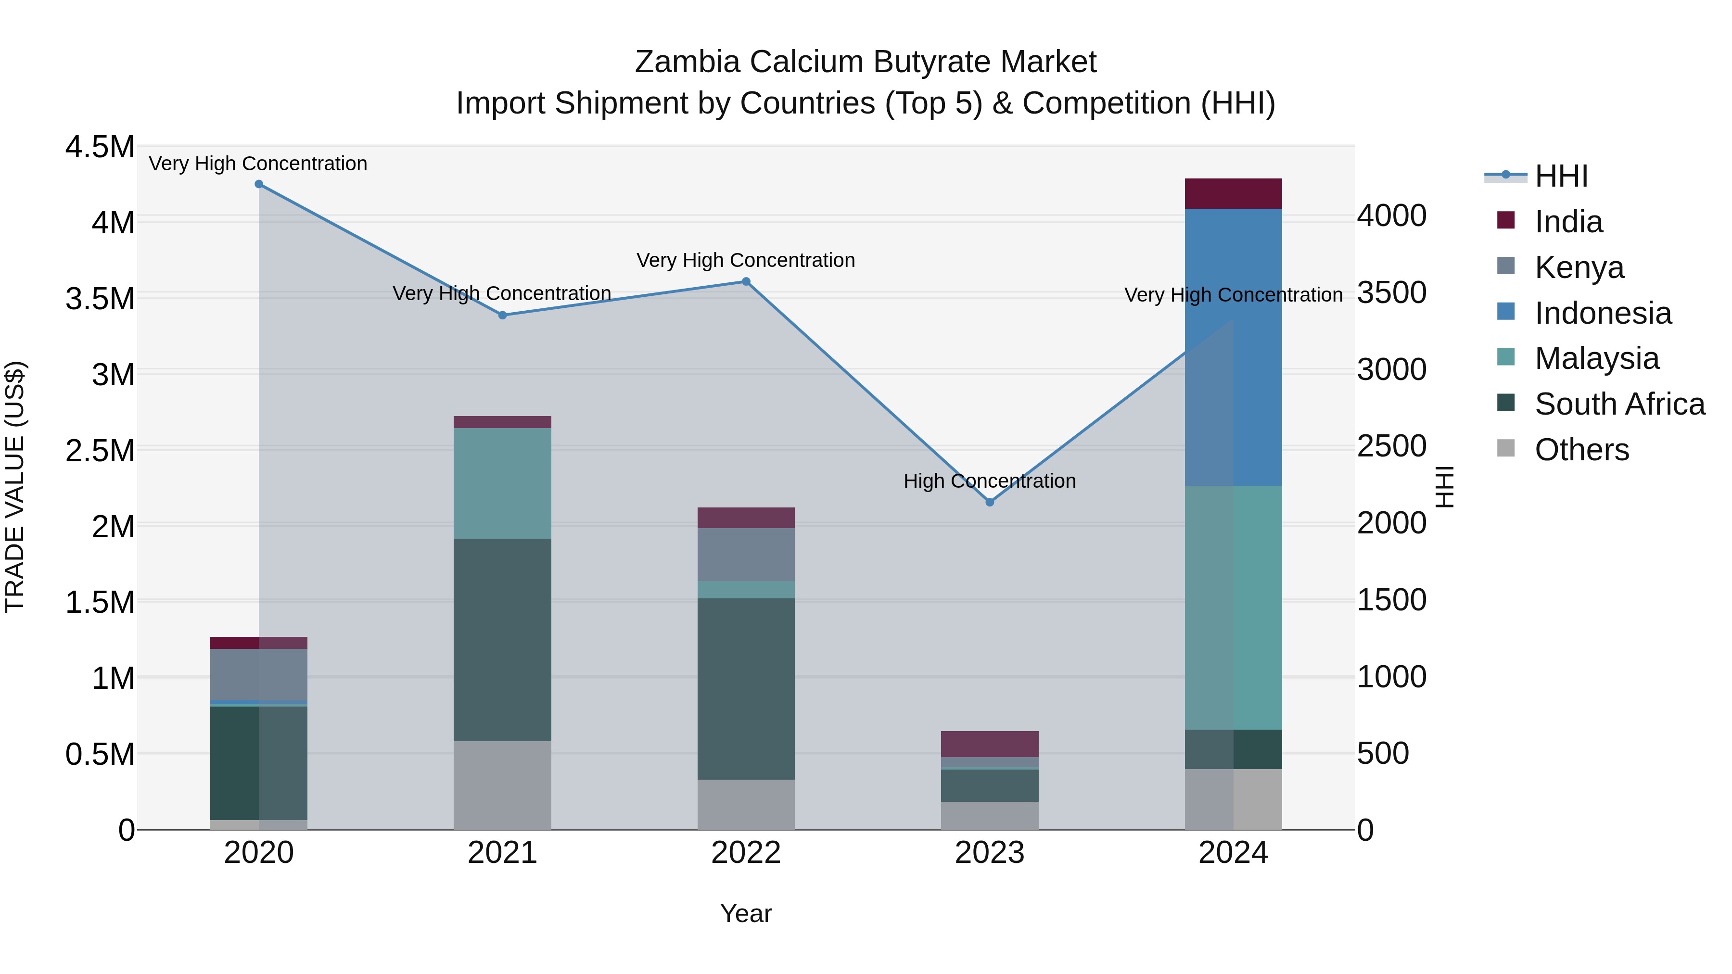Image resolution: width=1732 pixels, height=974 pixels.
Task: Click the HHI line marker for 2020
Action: click(259, 184)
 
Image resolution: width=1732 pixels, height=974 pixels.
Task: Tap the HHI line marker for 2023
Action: click(990, 502)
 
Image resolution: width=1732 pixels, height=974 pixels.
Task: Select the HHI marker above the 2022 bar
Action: click(746, 282)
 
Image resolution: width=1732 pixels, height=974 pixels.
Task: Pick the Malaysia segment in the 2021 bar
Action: click(502, 483)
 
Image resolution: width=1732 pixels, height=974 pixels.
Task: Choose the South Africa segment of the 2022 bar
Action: click(746, 688)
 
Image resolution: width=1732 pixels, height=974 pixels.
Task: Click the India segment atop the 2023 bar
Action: click(990, 744)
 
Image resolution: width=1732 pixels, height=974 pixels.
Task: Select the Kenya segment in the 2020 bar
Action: click(259, 674)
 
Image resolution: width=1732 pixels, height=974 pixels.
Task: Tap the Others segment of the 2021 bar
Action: click(502, 785)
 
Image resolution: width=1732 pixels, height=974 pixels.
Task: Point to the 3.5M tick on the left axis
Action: click(100, 298)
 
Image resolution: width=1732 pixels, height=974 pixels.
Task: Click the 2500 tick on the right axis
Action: click(1391, 446)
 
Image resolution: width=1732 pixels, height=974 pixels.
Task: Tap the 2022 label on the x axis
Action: click(746, 853)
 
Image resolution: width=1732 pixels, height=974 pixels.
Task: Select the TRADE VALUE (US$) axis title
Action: click(15, 487)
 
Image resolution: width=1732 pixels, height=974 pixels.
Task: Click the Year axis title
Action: click(746, 913)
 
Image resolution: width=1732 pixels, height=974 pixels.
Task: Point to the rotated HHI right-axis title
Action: click(1445, 487)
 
